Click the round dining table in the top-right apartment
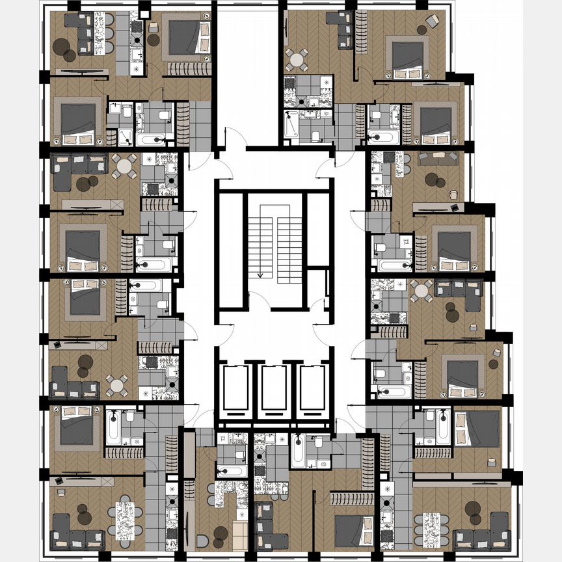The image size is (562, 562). (x=297, y=59)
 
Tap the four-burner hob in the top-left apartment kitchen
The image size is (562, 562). (x=137, y=27)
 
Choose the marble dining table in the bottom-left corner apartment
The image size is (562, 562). (x=124, y=518)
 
